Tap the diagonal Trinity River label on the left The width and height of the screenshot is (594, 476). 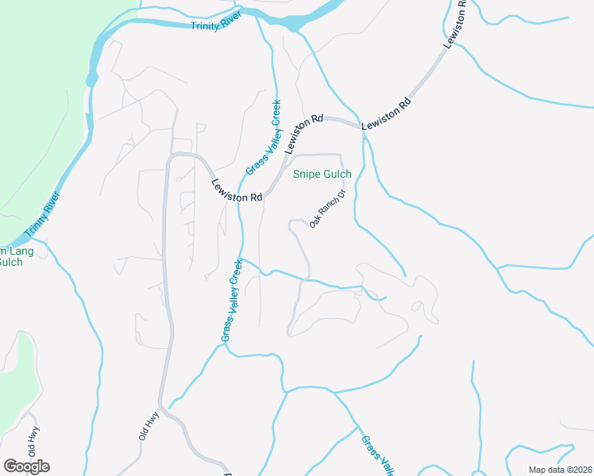(43, 217)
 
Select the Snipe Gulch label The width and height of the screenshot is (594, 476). (322, 175)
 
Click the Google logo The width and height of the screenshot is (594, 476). (26, 466)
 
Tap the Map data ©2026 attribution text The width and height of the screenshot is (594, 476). (561, 470)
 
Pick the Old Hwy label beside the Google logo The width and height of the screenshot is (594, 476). (33, 441)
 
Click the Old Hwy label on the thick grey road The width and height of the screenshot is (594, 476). (148, 426)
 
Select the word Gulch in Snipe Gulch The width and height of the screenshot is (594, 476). (337, 175)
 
